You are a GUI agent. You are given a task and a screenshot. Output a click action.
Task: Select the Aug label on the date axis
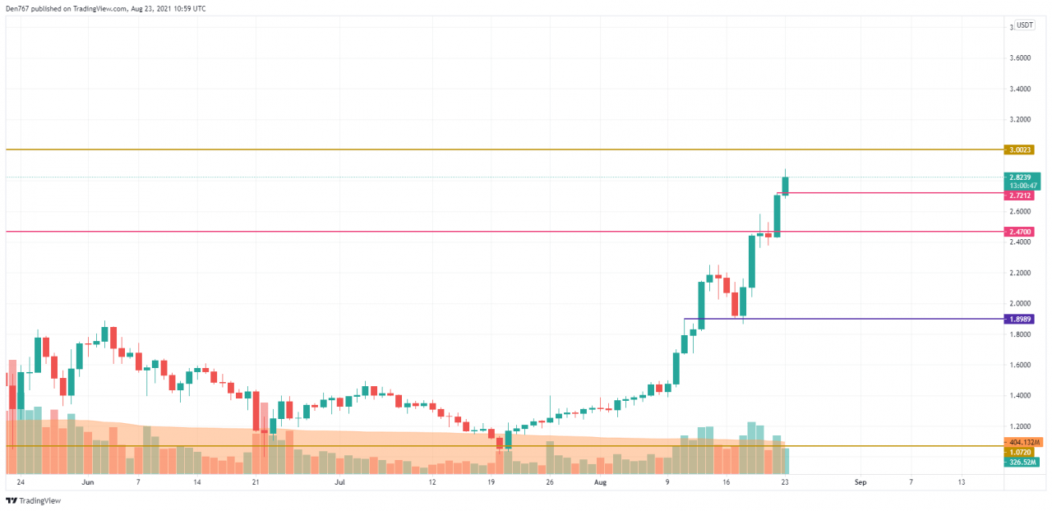pyautogui.click(x=600, y=482)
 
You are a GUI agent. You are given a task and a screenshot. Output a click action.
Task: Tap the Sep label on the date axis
pyautogui.click(x=859, y=482)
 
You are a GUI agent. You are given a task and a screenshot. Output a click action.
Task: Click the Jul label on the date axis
pyautogui.click(x=339, y=482)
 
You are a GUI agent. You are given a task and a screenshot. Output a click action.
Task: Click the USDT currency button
pyautogui.click(x=1024, y=25)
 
